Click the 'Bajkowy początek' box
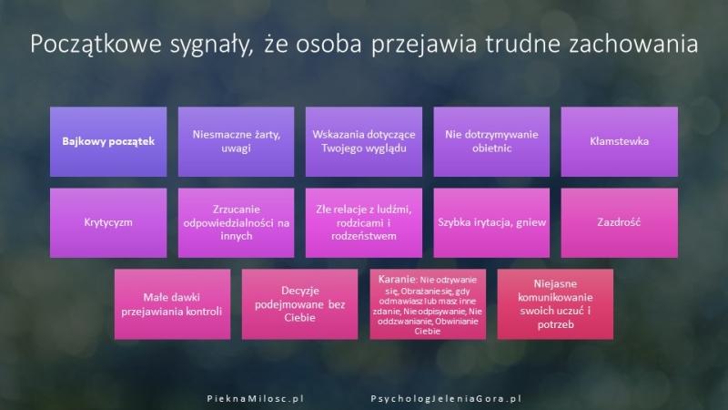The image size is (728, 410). click(108, 141)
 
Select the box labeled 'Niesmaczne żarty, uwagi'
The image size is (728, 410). click(236, 141)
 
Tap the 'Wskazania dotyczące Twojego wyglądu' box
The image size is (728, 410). click(364, 141)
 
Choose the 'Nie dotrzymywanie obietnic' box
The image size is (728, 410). click(491, 141)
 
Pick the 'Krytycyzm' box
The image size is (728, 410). click(108, 221)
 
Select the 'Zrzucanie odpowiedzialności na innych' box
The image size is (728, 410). click(236, 221)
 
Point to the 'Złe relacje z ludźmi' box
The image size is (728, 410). click(364, 221)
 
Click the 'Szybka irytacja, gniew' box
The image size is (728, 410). click(491, 221)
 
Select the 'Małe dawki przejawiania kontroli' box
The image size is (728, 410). click(172, 303)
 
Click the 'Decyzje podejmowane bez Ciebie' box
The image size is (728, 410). click(299, 303)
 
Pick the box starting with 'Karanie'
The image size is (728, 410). click(428, 303)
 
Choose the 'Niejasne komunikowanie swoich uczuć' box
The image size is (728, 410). click(556, 303)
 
